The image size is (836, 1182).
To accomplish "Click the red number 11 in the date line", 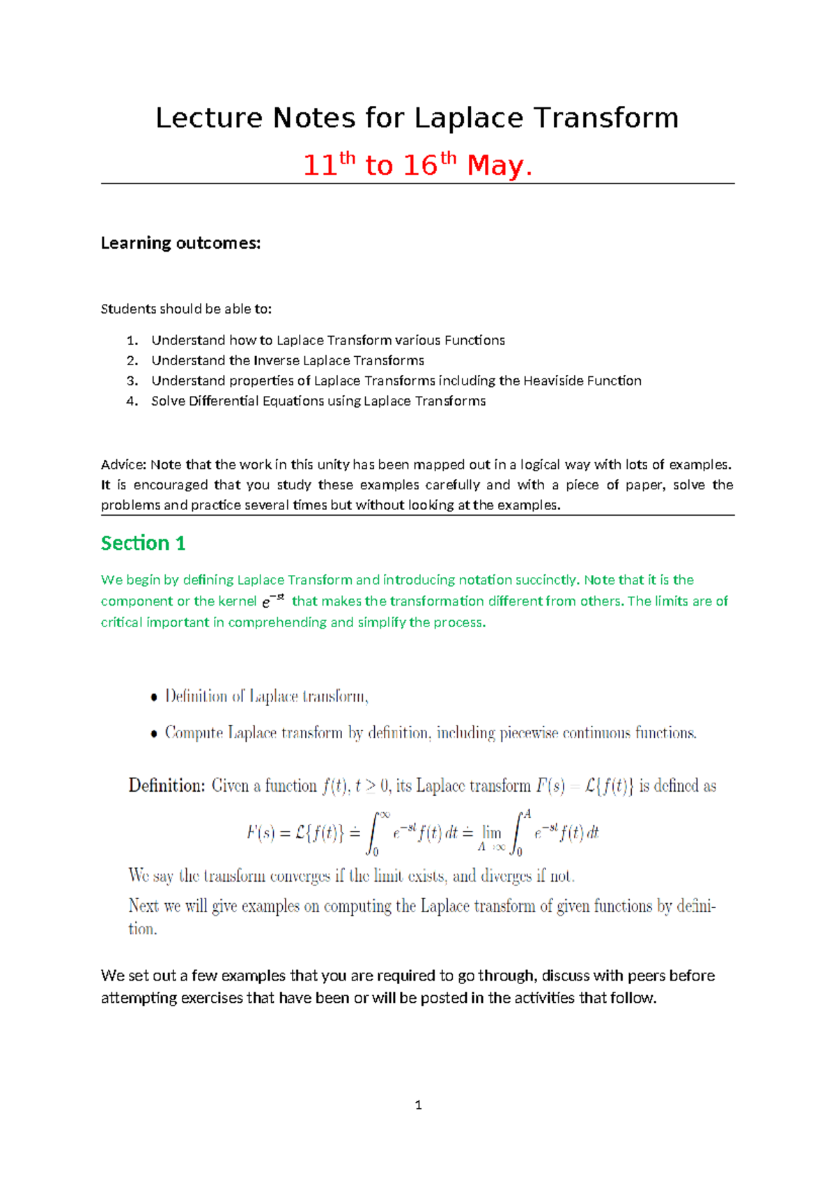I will pyautogui.click(x=320, y=166).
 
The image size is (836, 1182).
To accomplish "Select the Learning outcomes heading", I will pyautogui.click(x=180, y=243).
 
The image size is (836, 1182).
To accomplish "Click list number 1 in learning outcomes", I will pyautogui.click(x=132, y=340).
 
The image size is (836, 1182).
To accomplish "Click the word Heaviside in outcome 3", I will pyautogui.click(x=553, y=381).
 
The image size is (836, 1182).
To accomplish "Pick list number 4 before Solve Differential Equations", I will pyautogui.click(x=132, y=401).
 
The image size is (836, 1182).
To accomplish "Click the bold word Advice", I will pyautogui.click(x=123, y=465).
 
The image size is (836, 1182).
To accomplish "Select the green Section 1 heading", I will pyautogui.click(x=143, y=543).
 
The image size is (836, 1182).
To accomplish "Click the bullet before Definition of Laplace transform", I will pyautogui.click(x=154, y=698).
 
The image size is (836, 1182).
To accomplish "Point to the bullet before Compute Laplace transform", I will pyautogui.click(x=154, y=734).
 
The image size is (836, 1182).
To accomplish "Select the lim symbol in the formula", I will pyautogui.click(x=492, y=832).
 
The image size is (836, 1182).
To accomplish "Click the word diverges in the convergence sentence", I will pyautogui.click(x=506, y=875).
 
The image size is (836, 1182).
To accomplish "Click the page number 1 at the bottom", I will pyautogui.click(x=418, y=1105).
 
